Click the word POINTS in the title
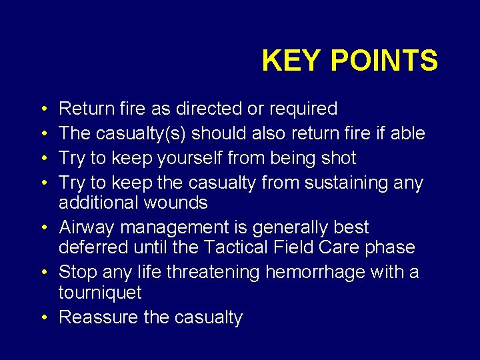[384, 61]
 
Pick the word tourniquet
[100, 292]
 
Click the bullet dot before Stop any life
[51, 273]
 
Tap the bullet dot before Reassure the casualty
[51, 317]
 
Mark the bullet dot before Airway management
[51, 228]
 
